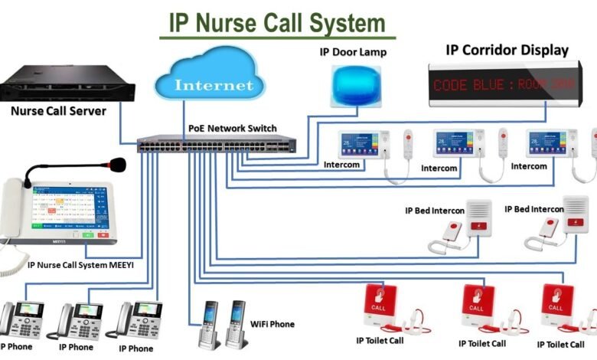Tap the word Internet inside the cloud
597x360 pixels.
(215, 84)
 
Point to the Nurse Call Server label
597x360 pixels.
(58, 110)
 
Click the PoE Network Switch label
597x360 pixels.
(233, 128)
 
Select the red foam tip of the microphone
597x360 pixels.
(117, 163)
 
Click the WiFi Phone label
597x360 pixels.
(272, 324)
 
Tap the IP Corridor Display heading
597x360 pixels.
(507, 51)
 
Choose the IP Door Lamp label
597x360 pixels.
(354, 52)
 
